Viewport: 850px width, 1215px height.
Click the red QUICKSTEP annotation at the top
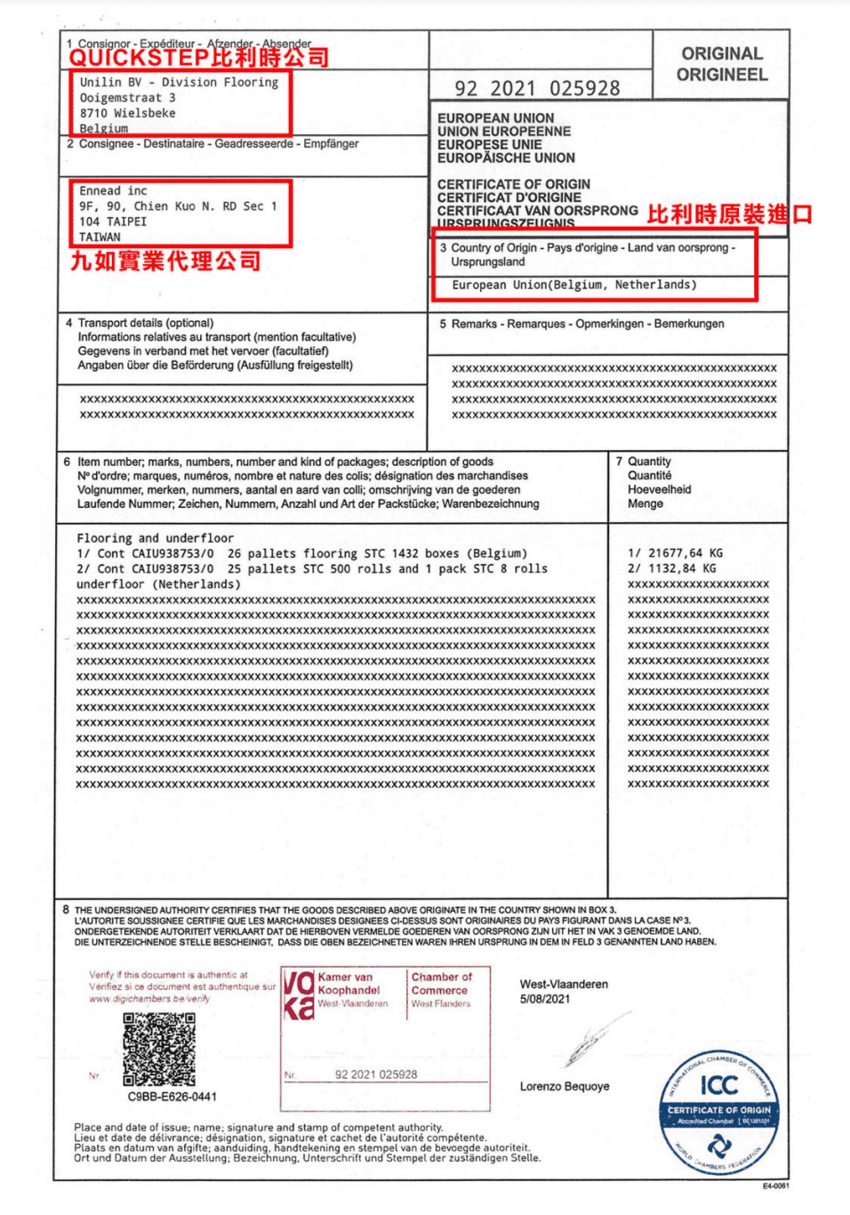click(x=199, y=58)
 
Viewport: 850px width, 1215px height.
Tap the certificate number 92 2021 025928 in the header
click(x=537, y=88)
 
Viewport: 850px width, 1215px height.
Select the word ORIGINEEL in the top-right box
click(x=722, y=75)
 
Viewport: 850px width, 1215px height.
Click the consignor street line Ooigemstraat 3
click(x=127, y=98)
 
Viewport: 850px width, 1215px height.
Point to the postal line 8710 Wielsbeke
click(x=127, y=113)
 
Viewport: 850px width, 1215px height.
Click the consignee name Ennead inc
click(x=113, y=190)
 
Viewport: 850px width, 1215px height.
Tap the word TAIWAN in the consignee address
click(x=100, y=237)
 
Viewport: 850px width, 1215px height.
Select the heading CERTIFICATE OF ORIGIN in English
click(x=513, y=184)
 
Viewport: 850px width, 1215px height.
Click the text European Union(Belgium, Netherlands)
click(x=573, y=285)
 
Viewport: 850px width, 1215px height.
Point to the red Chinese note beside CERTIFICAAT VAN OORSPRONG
click(x=729, y=214)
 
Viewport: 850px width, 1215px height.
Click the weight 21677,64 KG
click(x=676, y=553)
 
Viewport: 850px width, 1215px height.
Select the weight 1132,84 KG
click(x=672, y=568)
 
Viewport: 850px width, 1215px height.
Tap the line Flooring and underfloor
click(x=155, y=538)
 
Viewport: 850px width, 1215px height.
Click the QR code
click(x=159, y=1050)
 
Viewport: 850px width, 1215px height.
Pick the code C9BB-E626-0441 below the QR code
click(x=172, y=1097)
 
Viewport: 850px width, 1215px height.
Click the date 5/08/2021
click(x=545, y=999)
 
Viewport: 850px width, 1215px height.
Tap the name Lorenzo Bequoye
click(x=565, y=1086)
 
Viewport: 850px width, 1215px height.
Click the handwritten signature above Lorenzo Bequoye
click(x=590, y=1041)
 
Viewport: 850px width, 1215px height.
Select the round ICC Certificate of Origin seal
click(x=719, y=1112)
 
